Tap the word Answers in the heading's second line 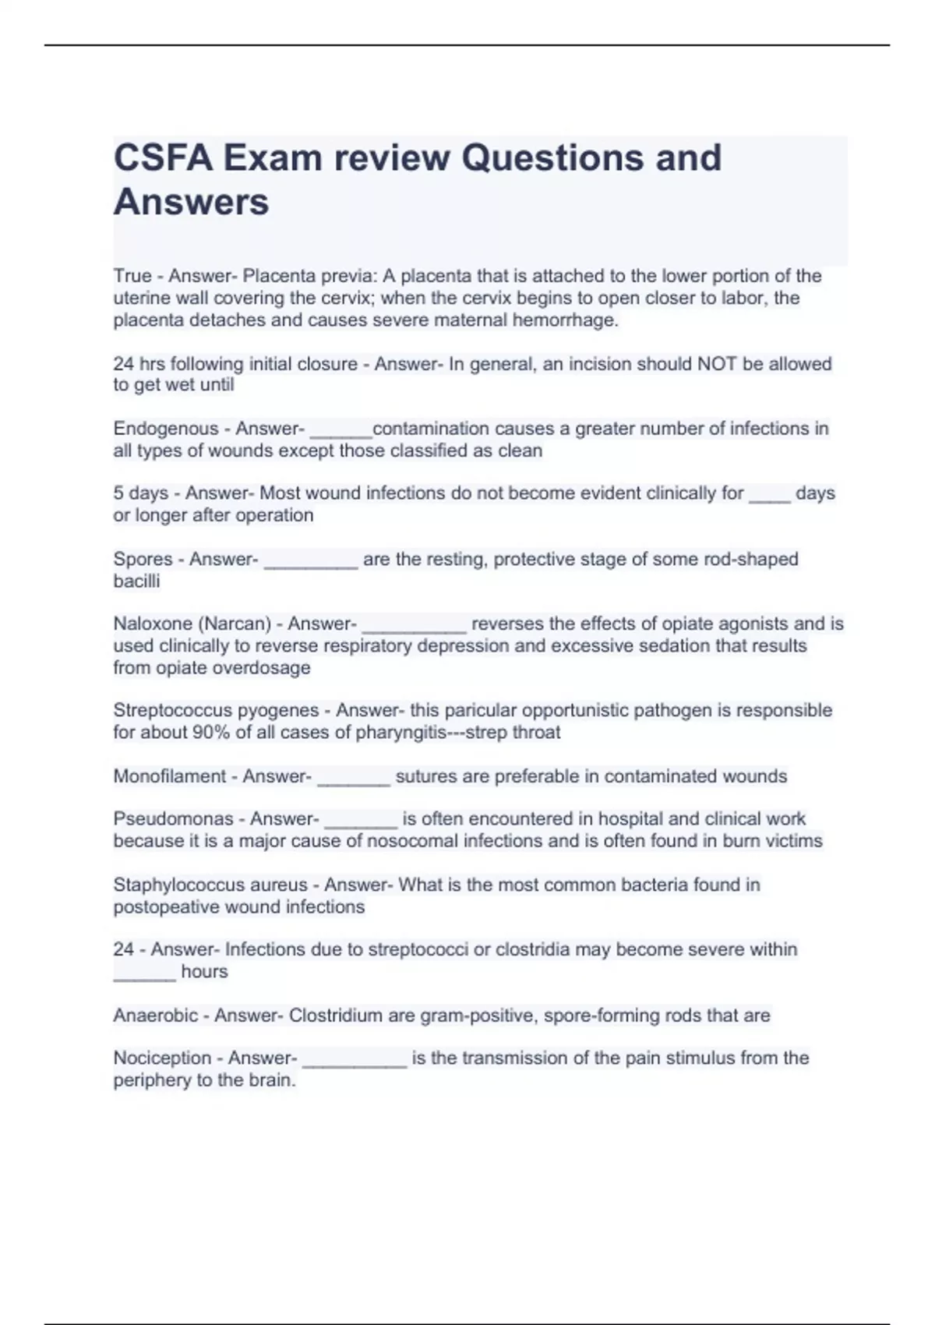[x=191, y=203]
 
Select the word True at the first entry [x=132, y=276]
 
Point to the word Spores [x=143, y=560]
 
